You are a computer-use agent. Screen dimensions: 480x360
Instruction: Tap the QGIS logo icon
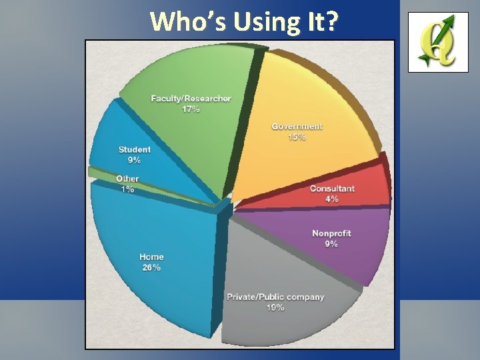(x=438, y=42)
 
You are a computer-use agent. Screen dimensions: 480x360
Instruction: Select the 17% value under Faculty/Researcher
(x=191, y=109)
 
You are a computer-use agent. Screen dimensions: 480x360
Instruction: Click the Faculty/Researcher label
(x=191, y=99)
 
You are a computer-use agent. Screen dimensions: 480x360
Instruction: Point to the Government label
(x=297, y=127)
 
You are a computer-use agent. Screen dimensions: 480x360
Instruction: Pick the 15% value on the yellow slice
(x=297, y=137)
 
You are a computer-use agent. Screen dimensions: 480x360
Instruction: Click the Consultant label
(x=332, y=188)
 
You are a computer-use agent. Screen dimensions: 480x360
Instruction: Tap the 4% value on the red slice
(x=332, y=199)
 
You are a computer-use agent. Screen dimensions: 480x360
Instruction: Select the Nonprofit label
(x=331, y=233)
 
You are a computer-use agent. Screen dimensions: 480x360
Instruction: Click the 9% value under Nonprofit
(x=331, y=244)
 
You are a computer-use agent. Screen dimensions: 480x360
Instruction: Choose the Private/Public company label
(x=275, y=297)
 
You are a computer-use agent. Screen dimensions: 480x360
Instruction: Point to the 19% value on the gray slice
(x=275, y=307)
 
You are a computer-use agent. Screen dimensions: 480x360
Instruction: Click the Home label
(x=151, y=257)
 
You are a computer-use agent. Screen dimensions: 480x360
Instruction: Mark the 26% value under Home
(x=151, y=267)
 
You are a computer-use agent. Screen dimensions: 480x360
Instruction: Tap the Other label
(x=127, y=179)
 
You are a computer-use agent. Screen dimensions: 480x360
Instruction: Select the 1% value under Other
(x=127, y=189)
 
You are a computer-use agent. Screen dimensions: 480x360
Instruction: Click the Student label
(x=135, y=150)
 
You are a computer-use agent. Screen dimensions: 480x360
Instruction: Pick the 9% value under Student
(x=135, y=160)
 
